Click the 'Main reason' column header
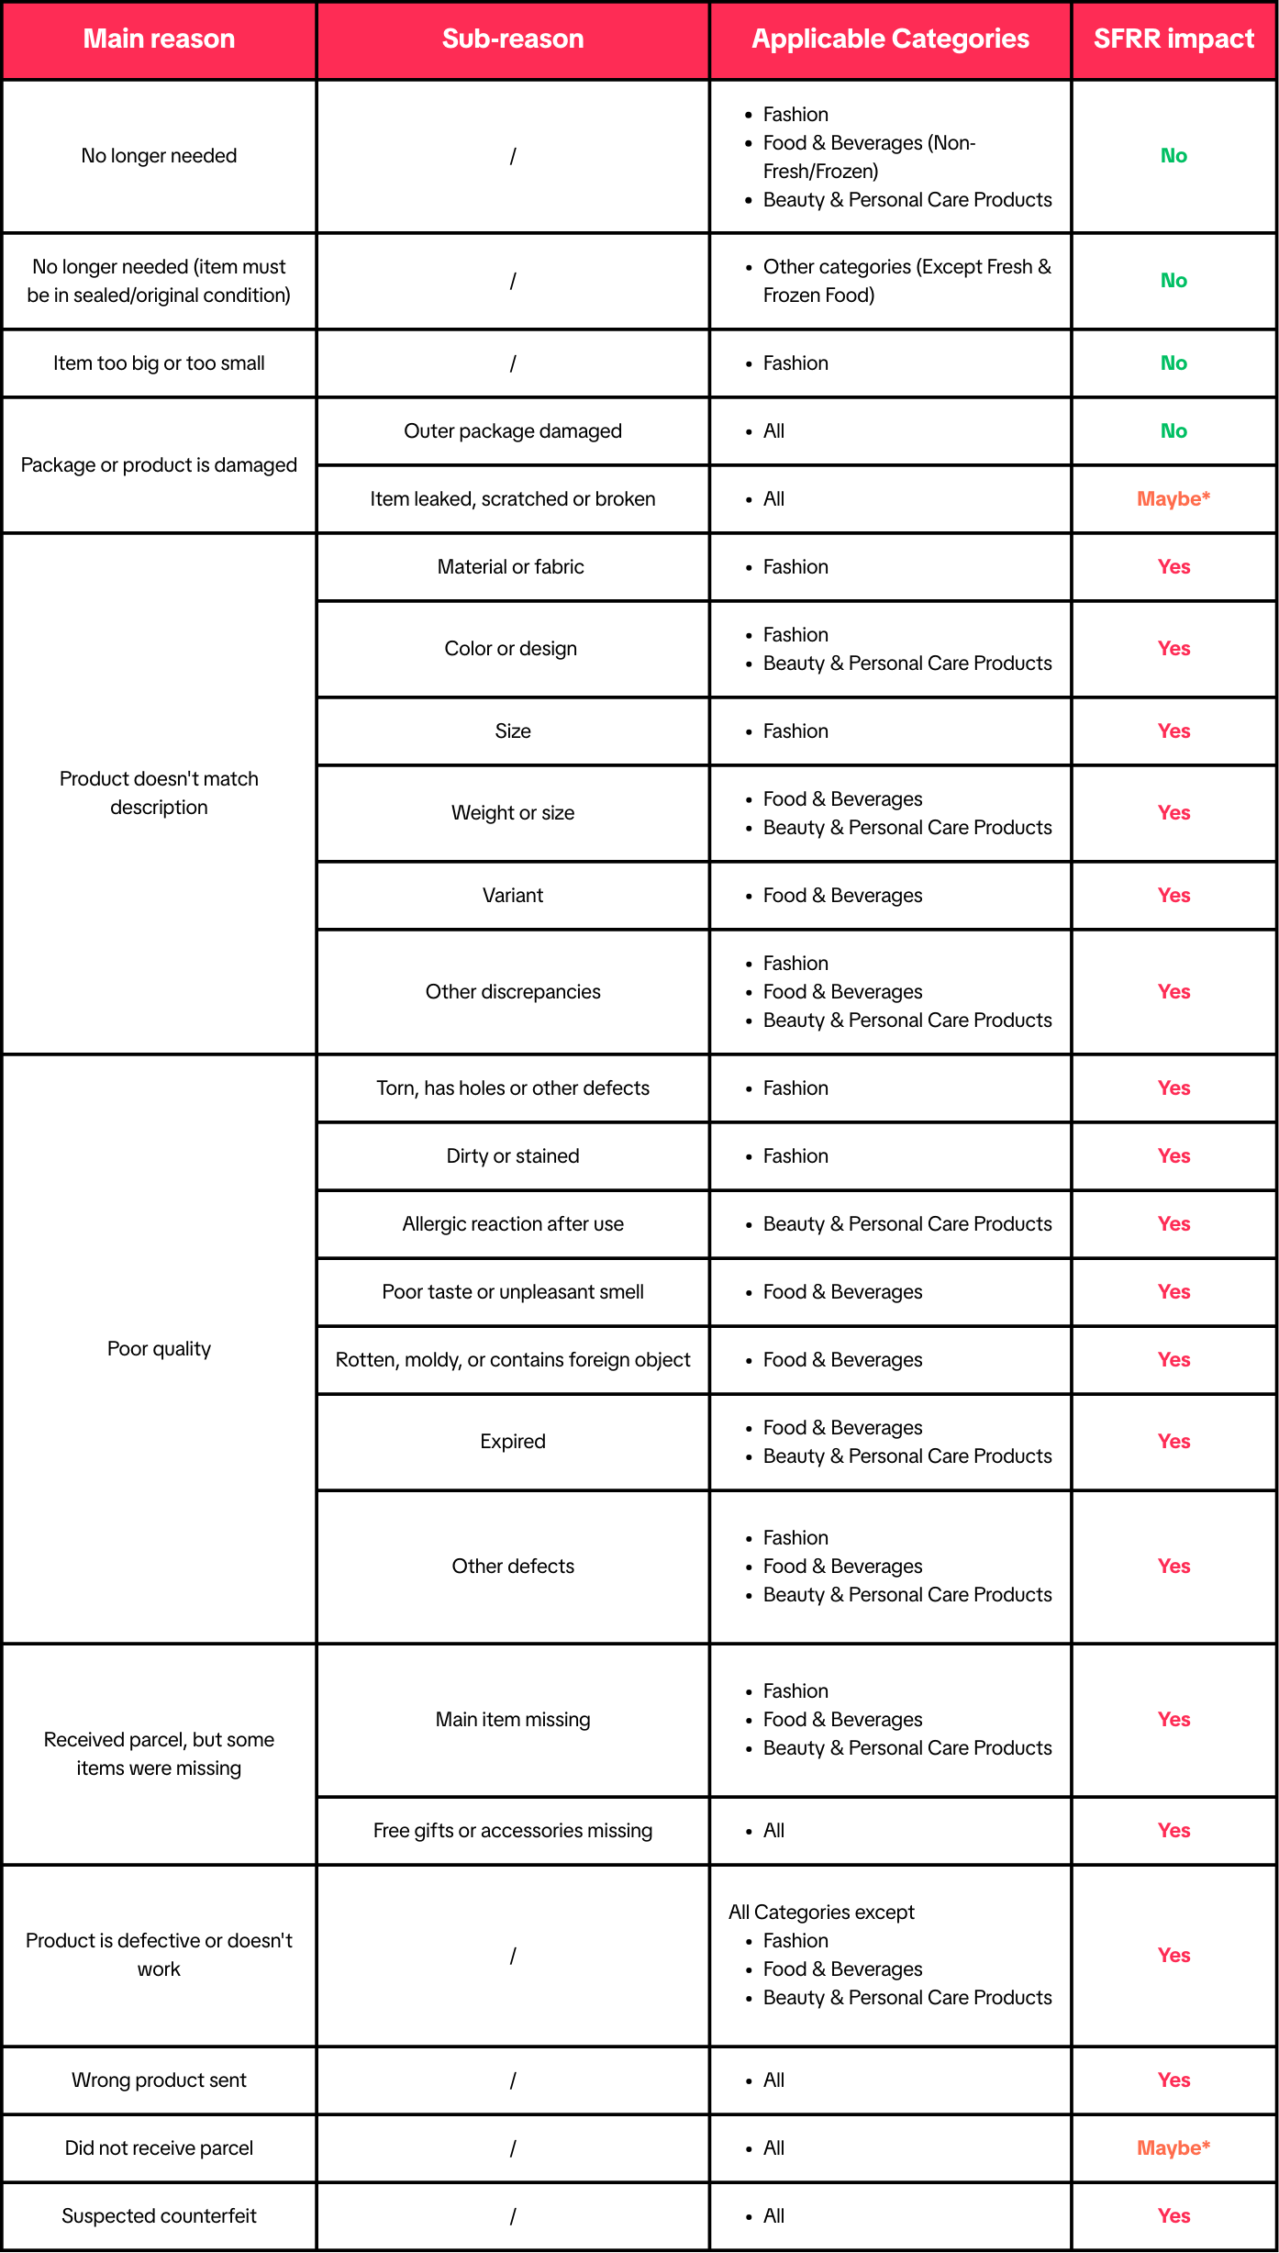pyautogui.click(x=159, y=39)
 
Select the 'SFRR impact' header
pyautogui.click(x=1173, y=39)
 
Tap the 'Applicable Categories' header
pyautogui.click(x=890, y=39)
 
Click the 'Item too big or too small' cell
pyautogui.click(x=159, y=363)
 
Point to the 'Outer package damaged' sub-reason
pyautogui.click(x=512, y=431)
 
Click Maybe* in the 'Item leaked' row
pyautogui.click(x=1173, y=499)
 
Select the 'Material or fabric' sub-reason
pyautogui.click(x=510, y=567)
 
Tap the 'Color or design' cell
pyautogui.click(x=510, y=649)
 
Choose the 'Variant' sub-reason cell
pyautogui.click(x=512, y=896)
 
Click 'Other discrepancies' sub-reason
pyautogui.click(x=512, y=992)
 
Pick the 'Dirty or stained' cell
pyautogui.click(x=512, y=1156)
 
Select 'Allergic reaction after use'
pyautogui.click(x=512, y=1224)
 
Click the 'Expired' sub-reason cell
pyautogui.click(x=512, y=1442)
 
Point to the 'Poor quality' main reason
pyautogui.click(x=159, y=1349)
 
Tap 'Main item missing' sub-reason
pyautogui.click(x=512, y=1720)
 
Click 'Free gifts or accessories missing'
pyautogui.click(x=512, y=1831)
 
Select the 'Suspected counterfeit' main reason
pyautogui.click(x=159, y=2216)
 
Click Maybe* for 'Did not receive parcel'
pyautogui.click(x=1173, y=2148)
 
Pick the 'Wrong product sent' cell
pyautogui.click(x=159, y=2080)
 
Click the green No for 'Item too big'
pyautogui.click(x=1173, y=363)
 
